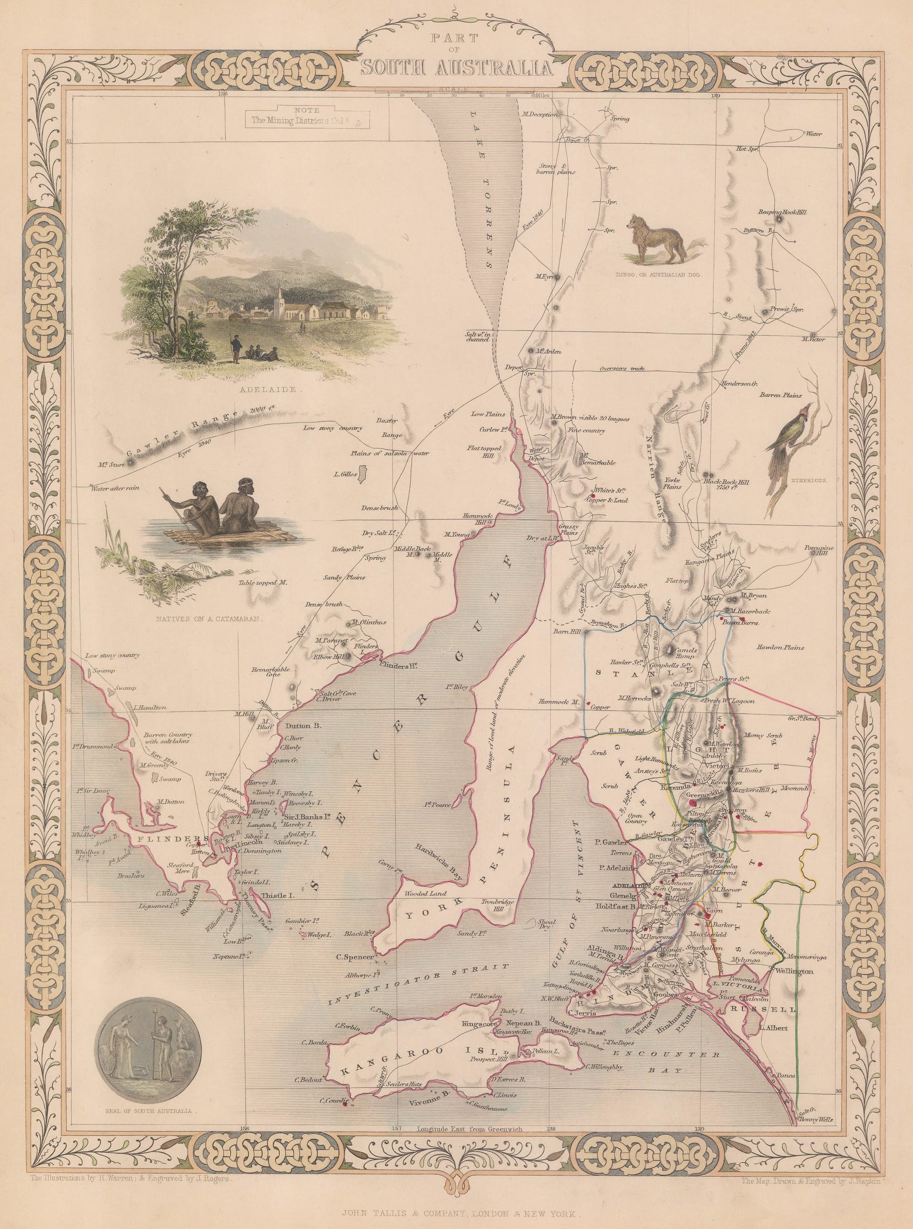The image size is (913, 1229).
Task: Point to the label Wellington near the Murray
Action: coord(794,970)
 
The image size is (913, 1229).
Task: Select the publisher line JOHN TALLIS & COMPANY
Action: coord(456,1210)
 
